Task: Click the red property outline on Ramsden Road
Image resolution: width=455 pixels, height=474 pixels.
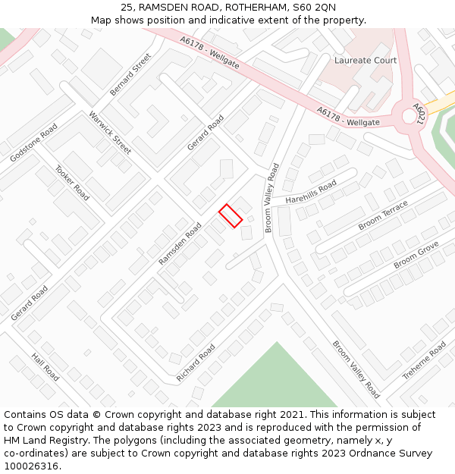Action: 231,215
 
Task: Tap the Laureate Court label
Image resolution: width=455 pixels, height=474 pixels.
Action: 366,60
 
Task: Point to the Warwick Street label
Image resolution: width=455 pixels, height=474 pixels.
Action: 110,133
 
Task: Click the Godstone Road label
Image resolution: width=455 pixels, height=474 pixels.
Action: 33,143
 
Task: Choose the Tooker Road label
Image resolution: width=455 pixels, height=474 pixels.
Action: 72,184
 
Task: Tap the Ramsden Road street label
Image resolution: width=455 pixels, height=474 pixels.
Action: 180,243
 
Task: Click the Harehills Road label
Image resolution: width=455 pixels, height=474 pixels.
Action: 311,193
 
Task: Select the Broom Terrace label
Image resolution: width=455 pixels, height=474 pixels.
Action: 383,215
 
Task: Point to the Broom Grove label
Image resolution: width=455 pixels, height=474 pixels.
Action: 416,255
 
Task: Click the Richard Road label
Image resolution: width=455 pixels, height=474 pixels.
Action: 196,363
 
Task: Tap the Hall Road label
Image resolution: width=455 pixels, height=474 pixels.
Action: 45,367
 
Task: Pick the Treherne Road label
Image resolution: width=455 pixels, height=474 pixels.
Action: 424,360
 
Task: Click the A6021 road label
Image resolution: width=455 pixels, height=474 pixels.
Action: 420,114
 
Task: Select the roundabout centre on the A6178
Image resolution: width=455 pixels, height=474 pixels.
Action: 409,115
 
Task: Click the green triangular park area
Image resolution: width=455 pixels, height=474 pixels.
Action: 275,383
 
